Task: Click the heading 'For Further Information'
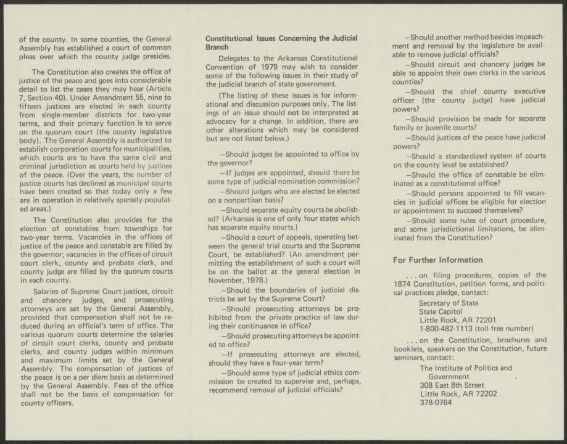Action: pyautogui.click(x=437, y=260)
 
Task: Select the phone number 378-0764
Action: pyautogui.click(x=436, y=403)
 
